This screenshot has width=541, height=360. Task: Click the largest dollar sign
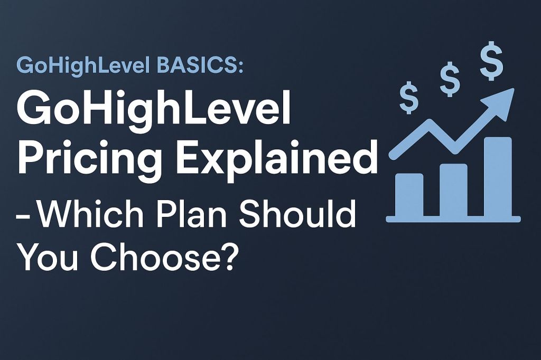point(491,63)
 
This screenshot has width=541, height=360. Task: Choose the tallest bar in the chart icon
point(498,176)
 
